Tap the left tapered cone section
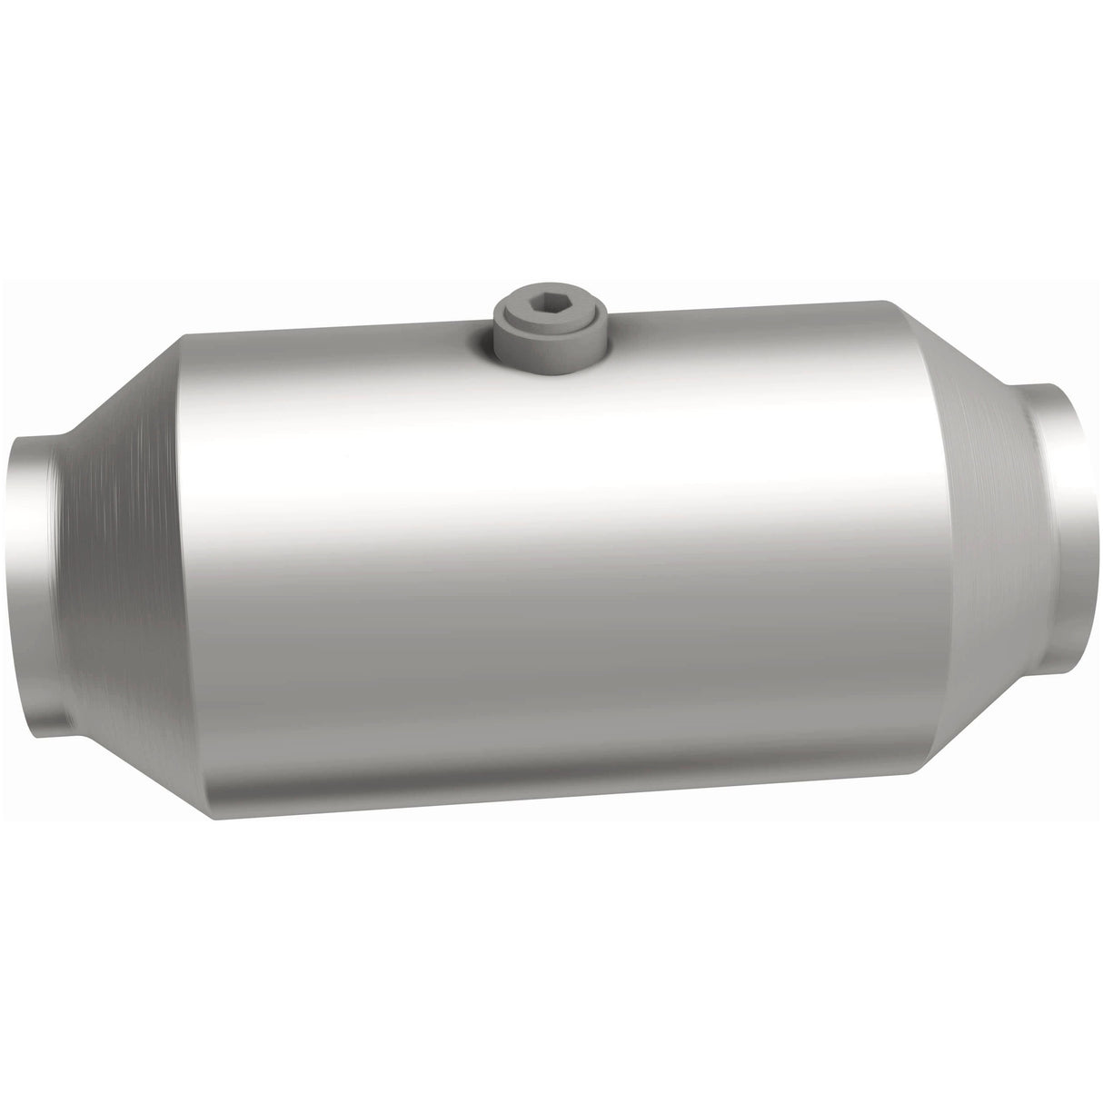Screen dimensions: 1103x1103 pyautogui.click(x=118, y=527)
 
